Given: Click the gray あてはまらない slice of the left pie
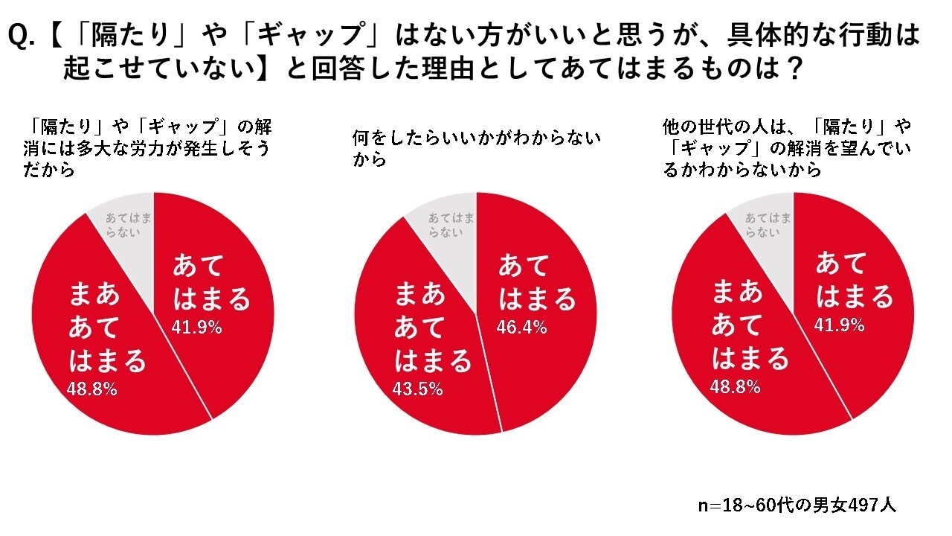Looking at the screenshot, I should [127, 224].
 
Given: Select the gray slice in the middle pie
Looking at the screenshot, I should [449, 224].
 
